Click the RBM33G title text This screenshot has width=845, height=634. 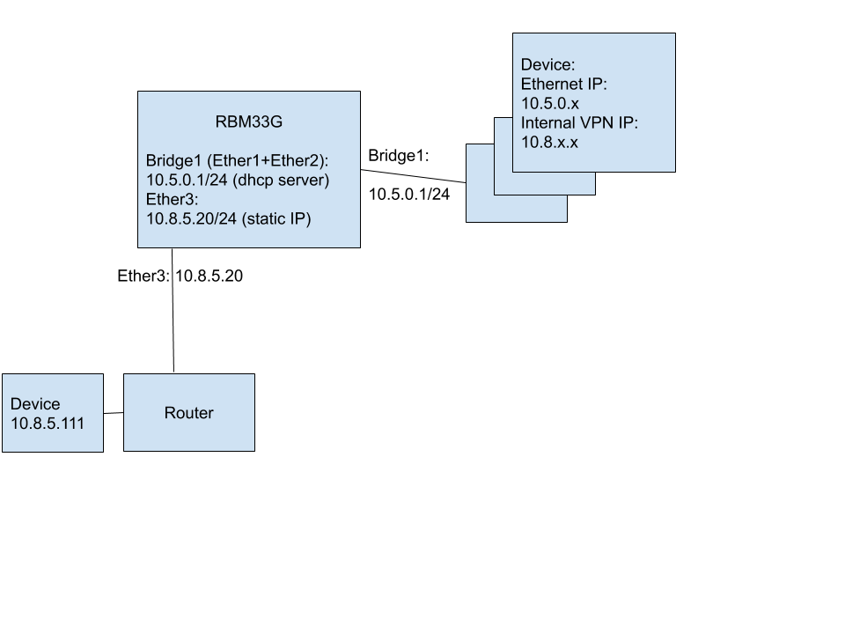(x=248, y=122)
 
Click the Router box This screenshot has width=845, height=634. (x=188, y=431)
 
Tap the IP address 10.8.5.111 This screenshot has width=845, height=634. (x=48, y=423)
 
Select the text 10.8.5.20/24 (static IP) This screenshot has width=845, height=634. (x=229, y=218)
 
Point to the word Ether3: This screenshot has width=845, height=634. (x=173, y=199)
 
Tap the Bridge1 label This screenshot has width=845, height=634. (x=173, y=161)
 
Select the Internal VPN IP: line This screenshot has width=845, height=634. (x=579, y=122)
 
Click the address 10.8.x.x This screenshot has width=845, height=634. (x=549, y=142)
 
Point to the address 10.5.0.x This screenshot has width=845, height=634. (x=549, y=103)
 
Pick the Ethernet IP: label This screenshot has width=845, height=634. (x=564, y=85)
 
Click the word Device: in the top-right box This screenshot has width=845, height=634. (x=547, y=65)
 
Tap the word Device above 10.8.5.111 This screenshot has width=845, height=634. (x=35, y=404)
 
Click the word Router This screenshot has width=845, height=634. (x=188, y=413)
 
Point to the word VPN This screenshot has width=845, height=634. (x=597, y=122)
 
